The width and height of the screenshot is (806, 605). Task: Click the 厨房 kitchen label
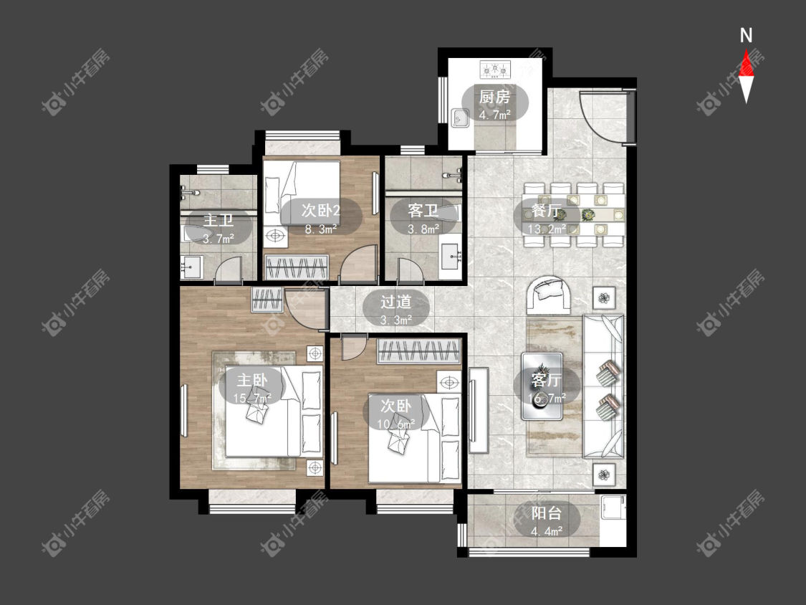(x=494, y=96)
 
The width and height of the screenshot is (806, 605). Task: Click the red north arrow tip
(x=746, y=51)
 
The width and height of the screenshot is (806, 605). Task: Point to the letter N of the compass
(x=746, y=36)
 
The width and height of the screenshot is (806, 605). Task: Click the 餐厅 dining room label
(x=547, y=211)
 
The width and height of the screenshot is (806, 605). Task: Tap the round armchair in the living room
(x=549, y=295)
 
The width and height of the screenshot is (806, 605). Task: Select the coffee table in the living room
(x=542, y=386)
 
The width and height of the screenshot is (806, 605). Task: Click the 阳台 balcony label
(x=547, y=513)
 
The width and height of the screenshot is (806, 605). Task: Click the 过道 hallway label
(x=395, y=302)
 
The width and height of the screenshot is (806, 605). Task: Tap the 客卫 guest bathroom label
(x=423, y=210)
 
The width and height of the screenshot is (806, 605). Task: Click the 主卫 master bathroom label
(x=219, y=220)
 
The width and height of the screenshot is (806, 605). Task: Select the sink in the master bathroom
(x=191, y=267)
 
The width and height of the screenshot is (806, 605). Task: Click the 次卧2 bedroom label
(x=321, y=210)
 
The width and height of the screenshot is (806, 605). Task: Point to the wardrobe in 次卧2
(x=297, y=267)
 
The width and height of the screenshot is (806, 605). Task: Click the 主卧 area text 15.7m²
(x=252, y=398)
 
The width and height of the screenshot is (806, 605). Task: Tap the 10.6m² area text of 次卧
(x=395, y=424)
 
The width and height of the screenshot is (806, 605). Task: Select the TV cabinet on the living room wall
(x=478, y=409)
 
